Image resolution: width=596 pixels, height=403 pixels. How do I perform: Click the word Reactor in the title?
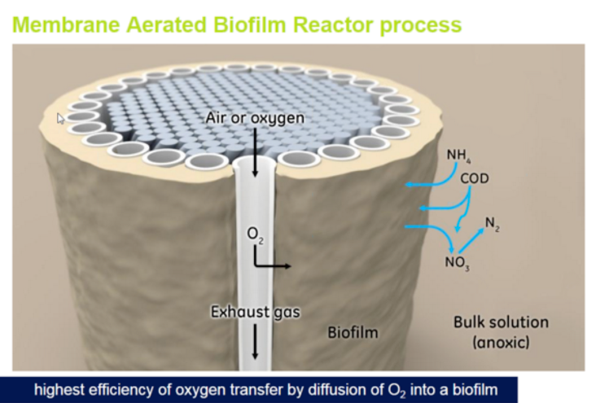click(x=333, y=24)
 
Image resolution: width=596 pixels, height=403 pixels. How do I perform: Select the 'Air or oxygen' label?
click(x=255, y=118)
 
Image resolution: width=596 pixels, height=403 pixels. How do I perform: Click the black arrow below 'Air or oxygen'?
click(x=255, y=152)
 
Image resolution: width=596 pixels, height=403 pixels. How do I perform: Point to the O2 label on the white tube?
click(x=255, y=234)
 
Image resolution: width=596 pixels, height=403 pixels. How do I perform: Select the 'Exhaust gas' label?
click(x=256, y=312)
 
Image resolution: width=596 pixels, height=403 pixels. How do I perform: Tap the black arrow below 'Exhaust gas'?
click(x=255, y=342)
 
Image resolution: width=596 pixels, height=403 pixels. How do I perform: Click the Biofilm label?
click(x=353, y=333)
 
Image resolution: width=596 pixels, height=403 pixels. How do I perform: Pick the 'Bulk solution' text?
click(x=501, y=322)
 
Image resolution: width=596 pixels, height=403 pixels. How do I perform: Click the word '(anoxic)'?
click(x=501, y=343)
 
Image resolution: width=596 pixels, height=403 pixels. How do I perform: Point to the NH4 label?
click(x=458, y=156)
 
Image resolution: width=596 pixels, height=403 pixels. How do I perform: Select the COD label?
click(x=475, y=178)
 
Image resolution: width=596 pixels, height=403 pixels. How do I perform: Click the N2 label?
click(x=493, y=224)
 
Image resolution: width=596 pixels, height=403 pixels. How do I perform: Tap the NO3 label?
click(x=458, y=263)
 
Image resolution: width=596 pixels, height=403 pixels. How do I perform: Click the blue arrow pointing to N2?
click(x=471, y=239)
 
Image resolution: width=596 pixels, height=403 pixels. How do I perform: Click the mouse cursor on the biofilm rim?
click(x=60, y=119)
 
